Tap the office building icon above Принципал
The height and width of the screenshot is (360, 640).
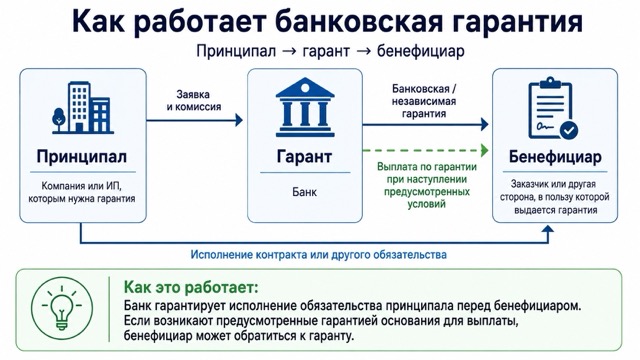[83, 108]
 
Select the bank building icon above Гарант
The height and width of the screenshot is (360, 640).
[305, 107]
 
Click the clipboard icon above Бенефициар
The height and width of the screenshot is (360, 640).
[553, 109]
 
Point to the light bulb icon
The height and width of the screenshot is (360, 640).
[62, 309]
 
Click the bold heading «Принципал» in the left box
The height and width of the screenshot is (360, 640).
[82, 156]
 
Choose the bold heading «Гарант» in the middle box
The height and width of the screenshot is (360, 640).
[304, 156]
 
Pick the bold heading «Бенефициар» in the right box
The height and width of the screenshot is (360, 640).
[555, 157]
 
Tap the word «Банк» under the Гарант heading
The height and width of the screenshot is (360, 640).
[304, 192]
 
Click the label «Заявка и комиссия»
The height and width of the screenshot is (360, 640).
[193, 100]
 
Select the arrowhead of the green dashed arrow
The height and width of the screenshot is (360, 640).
[485, 150]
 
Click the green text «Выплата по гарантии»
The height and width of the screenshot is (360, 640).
[427, 167]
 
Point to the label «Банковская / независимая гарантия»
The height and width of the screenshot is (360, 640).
[424, 101]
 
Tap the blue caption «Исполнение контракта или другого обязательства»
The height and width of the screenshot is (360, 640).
[318, 255]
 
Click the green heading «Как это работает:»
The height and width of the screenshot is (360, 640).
[191, 287]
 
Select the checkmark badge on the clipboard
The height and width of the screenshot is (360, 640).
[569, 131]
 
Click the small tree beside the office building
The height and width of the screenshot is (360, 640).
[59, 119]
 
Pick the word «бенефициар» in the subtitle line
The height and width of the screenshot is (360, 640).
[420, 51]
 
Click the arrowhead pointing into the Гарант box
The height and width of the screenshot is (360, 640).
[239, 120]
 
